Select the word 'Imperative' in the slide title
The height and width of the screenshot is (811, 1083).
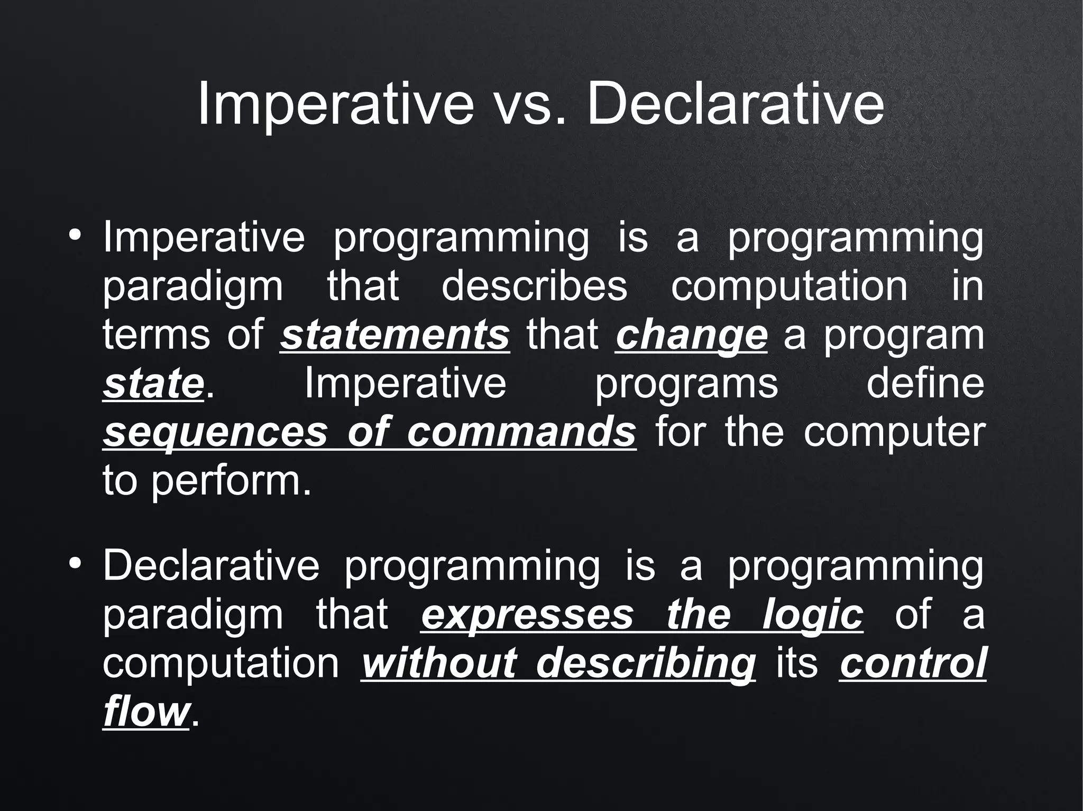coord(335,106)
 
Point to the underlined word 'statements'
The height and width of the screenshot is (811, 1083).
coord(394,335)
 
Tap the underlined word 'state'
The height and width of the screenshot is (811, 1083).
coord(153,384)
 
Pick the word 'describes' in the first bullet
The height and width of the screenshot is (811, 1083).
coord(534,286)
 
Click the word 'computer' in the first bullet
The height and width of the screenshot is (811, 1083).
coord(894,433)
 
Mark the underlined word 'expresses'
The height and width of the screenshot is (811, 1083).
coord(527,615)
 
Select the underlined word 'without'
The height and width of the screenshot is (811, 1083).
coord(438,663)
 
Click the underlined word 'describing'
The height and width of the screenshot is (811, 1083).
coord(646,664)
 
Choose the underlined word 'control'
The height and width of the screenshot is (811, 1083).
coord(912,663)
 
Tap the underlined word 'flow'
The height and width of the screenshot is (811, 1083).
coord(145,712)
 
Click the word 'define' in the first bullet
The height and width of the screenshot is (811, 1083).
coord(925,384)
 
